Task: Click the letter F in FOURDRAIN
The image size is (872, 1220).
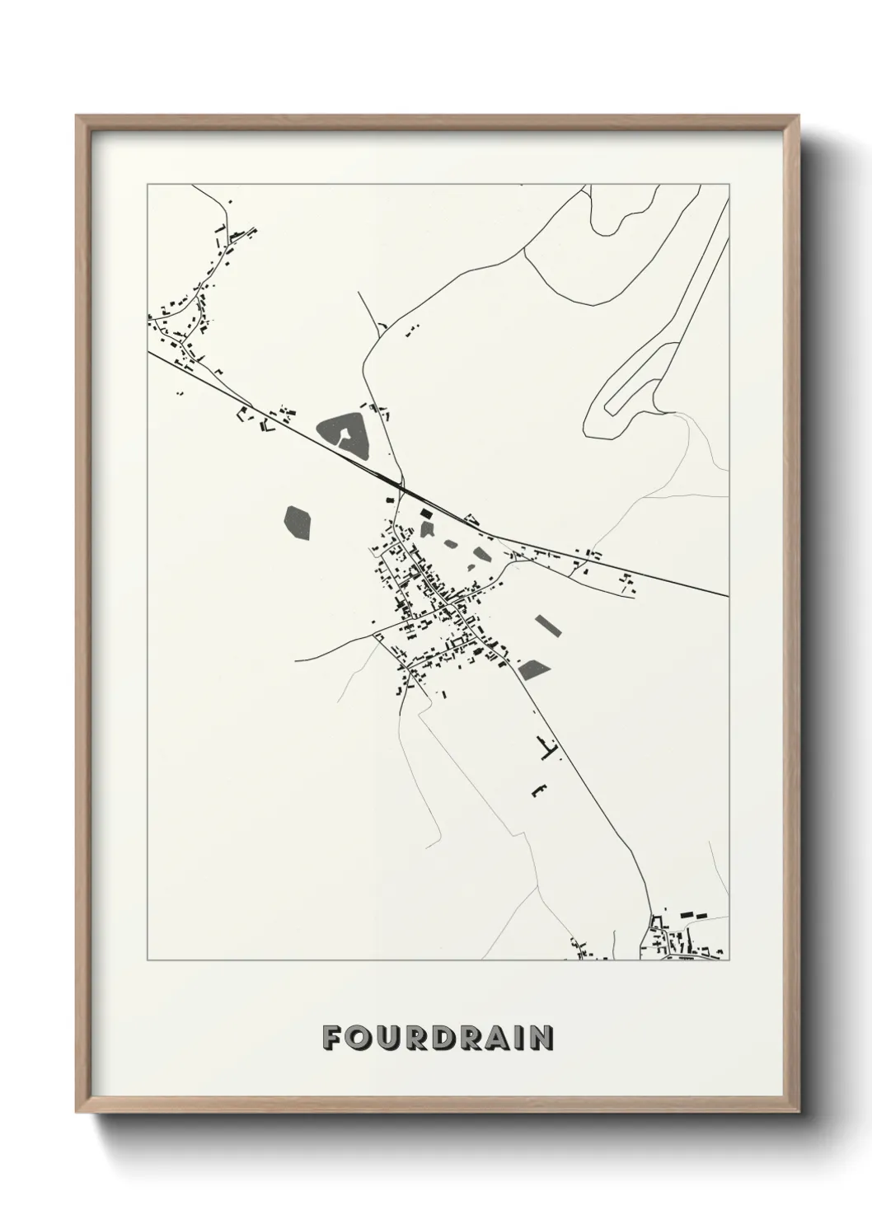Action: coord(332,1038)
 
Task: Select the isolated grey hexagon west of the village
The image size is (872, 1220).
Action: coord(298,523)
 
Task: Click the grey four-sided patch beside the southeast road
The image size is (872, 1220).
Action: coord(533,669)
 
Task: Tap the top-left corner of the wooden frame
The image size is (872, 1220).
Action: coord(77,117)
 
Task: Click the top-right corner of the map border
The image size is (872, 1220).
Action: coord(729,184)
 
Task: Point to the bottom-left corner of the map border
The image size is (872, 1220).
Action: coord(148,960)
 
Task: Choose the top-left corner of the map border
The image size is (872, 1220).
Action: coord(148,184)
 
